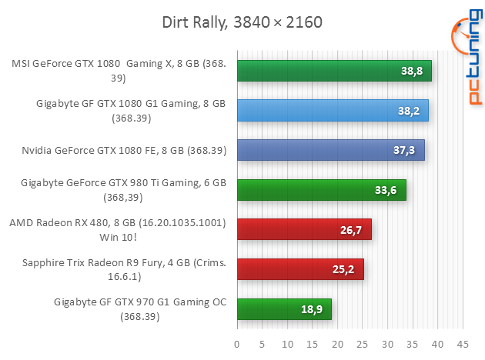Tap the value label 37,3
point(405,150)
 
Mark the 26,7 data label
point(352,229)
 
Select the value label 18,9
point(313,309)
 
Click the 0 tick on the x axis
point(237,343)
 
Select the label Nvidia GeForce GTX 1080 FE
point(124,150)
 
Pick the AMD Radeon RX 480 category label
point(117,229)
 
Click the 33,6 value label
point(386,190)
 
